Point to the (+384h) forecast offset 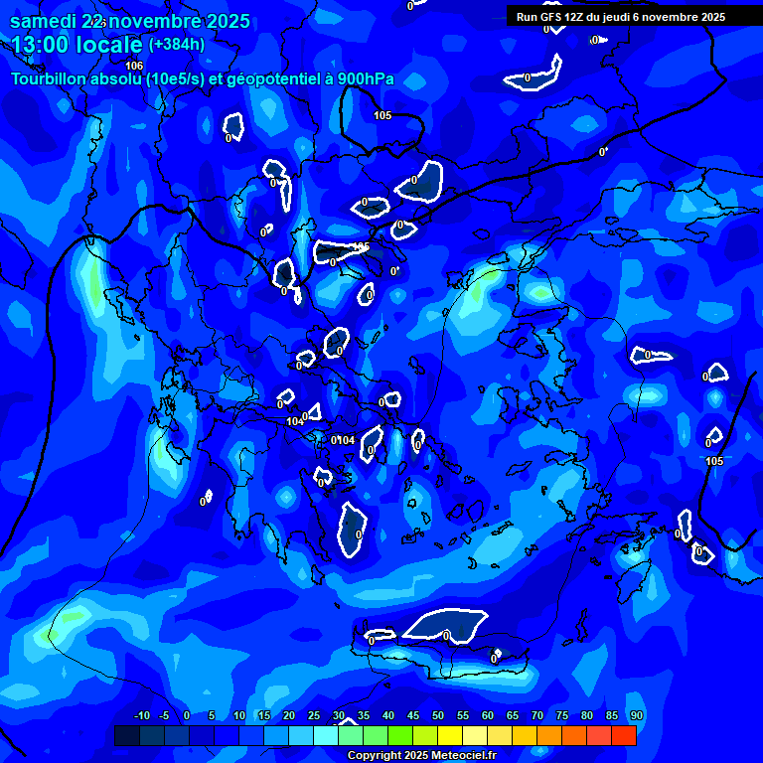point(176,45)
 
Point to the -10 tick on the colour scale point(140,716)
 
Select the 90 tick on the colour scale point(637,716)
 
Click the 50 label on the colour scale point(438,716)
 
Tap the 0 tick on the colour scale point(190,716)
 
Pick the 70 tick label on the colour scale point(537,716)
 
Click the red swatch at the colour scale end point(624,736)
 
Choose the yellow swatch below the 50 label point(450,736)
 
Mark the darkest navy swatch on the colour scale point(127,736)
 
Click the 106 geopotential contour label point(134,66)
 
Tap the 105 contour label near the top point(382,116)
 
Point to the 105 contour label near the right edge point(714,461)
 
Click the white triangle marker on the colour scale point(348,722)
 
